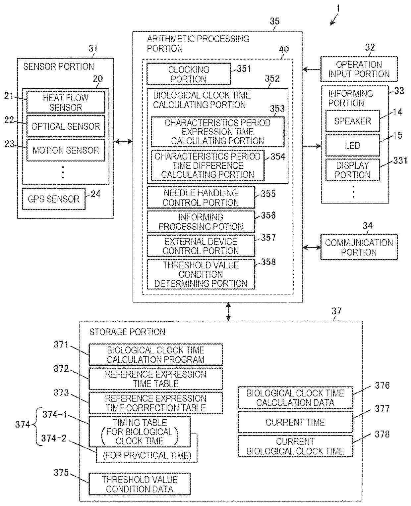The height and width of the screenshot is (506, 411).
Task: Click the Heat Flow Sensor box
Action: [x=66, y=102]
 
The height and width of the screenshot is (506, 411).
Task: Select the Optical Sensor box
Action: [x=66, y=126]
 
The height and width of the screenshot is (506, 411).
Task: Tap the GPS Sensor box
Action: [x=53, y=199]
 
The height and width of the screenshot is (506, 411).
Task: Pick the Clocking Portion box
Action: [x=189, y=74]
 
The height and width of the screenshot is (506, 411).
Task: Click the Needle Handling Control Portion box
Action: [x=201, y=198]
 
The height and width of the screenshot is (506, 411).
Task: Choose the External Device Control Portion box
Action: [x=201, y=246]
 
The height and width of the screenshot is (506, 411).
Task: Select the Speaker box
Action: [x=352, y=121]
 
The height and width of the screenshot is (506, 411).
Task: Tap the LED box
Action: [x=352, y=145]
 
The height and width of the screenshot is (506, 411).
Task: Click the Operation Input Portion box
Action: [x=359, y=69]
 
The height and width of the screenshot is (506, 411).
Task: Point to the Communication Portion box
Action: [x=359, y=247]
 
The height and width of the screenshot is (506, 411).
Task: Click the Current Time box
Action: [x=295, y=422]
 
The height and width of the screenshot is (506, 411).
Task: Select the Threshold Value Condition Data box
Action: [x=140, y=484]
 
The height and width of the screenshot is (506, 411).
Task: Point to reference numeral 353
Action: [x=277, y=109]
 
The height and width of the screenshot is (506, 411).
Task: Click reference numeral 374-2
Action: [x=54, y=438]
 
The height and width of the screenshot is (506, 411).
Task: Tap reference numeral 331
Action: [x=400, y=161]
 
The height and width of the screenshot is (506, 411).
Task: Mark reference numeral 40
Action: [x=284, y=49]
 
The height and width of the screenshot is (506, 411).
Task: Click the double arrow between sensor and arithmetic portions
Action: [x=123, y=142]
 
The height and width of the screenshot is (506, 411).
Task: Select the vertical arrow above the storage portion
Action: [x=228, y=311]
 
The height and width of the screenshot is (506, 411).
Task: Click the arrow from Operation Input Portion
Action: [x=312, y=69]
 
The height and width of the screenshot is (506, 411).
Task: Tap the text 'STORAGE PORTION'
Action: [x=127, y=332]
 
